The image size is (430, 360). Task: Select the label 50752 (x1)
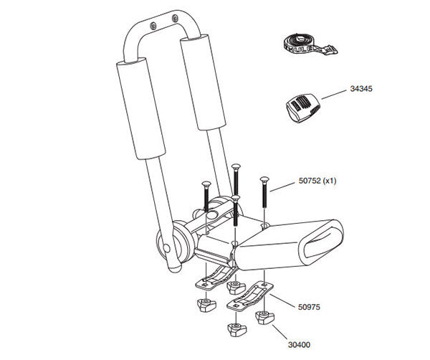tap(317, 181)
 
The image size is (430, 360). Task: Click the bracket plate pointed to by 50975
tap(252, 297)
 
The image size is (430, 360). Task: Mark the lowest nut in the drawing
tap(234, 331)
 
